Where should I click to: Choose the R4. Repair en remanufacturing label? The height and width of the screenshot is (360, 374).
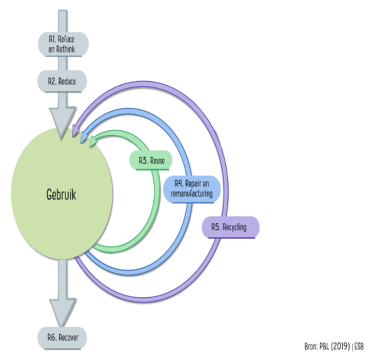pos(192,188)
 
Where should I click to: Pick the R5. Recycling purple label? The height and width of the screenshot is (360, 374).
pos(229,226)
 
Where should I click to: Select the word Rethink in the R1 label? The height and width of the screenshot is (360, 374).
pos(69,48)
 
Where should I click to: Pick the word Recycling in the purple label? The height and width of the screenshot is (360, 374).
pos(235,226)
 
